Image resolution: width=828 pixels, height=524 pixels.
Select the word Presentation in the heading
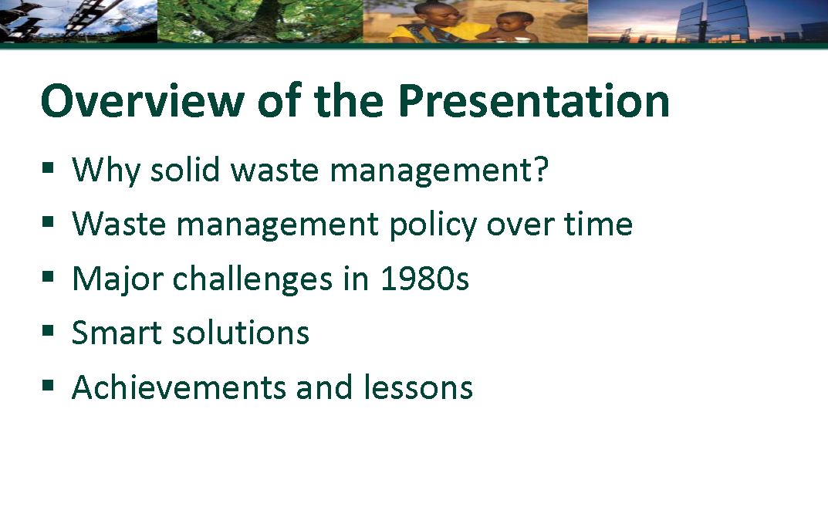click(x=534, y=100)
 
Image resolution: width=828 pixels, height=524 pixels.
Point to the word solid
click(x=185, y=169)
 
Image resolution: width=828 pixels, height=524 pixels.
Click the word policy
click(x=433, y=225)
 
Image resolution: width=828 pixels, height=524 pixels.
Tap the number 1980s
click(x=424, y=279)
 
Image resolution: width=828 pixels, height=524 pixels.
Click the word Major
click(x=117, y=280)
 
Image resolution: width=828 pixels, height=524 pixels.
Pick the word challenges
click(x=253, y=279)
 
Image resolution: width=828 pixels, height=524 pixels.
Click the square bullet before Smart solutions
click(x=48, y=331)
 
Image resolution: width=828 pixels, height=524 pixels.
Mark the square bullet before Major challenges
click(x=48, y=276)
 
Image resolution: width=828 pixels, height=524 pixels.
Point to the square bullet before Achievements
click(x=48, y=385)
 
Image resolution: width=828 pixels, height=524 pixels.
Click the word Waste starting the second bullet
click(x=119, y=224)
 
